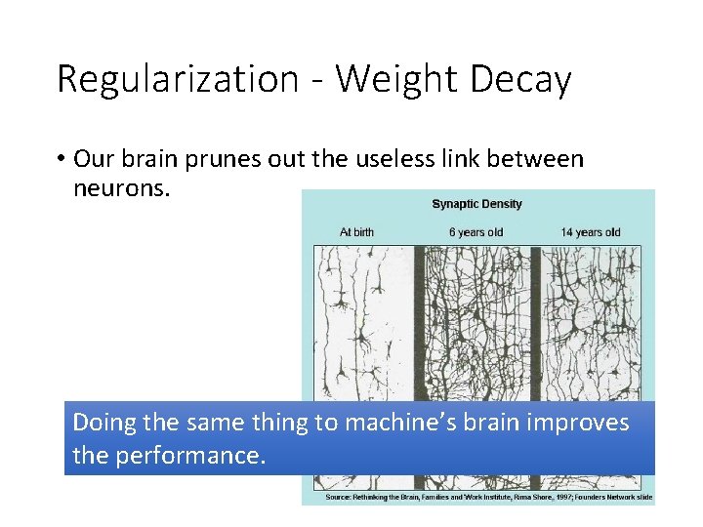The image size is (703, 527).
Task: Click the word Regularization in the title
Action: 178,79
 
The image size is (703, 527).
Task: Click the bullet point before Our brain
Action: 61,158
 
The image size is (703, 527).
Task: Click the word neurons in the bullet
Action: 121,186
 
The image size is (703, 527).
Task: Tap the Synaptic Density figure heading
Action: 476,204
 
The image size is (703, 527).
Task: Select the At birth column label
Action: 356,232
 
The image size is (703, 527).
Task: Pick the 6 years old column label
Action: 476,232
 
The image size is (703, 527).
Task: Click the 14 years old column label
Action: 590,232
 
